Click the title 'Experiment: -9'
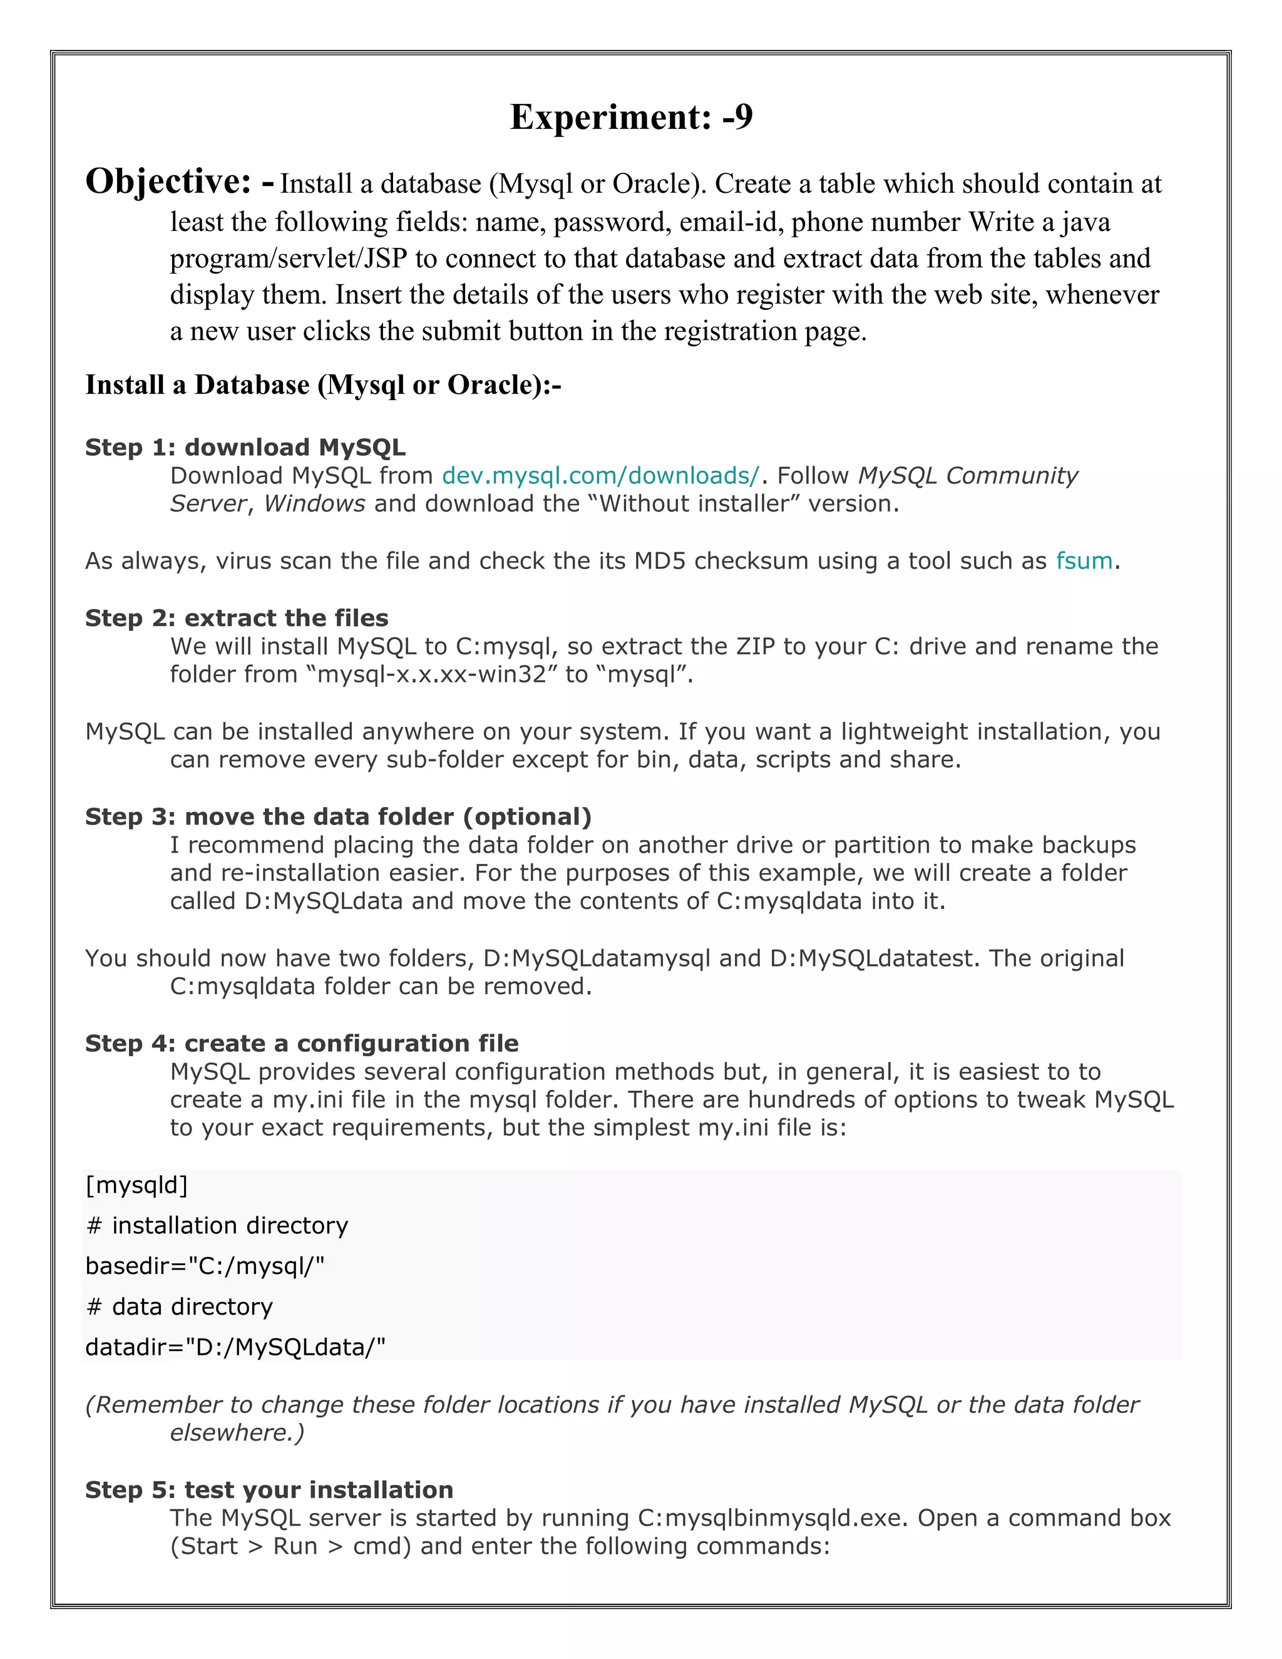(x=631, y=118)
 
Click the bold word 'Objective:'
(x=168, y=182)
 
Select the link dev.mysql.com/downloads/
(x=600, y=476)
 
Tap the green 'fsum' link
(x=1084, y=560)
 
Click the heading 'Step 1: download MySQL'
(x=245, y=448)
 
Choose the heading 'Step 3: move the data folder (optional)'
(x=338, y=816)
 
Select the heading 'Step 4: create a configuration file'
(x=302, y=1043)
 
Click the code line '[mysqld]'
(x=136, y=1185)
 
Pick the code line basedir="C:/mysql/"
(x=205, y=1265)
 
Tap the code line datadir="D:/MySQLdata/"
(x=235, y=1347)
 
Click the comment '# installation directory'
(x=217, y=1225)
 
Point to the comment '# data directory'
(x=179, y=1307)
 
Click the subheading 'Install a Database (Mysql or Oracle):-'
(x=323, y=385)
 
